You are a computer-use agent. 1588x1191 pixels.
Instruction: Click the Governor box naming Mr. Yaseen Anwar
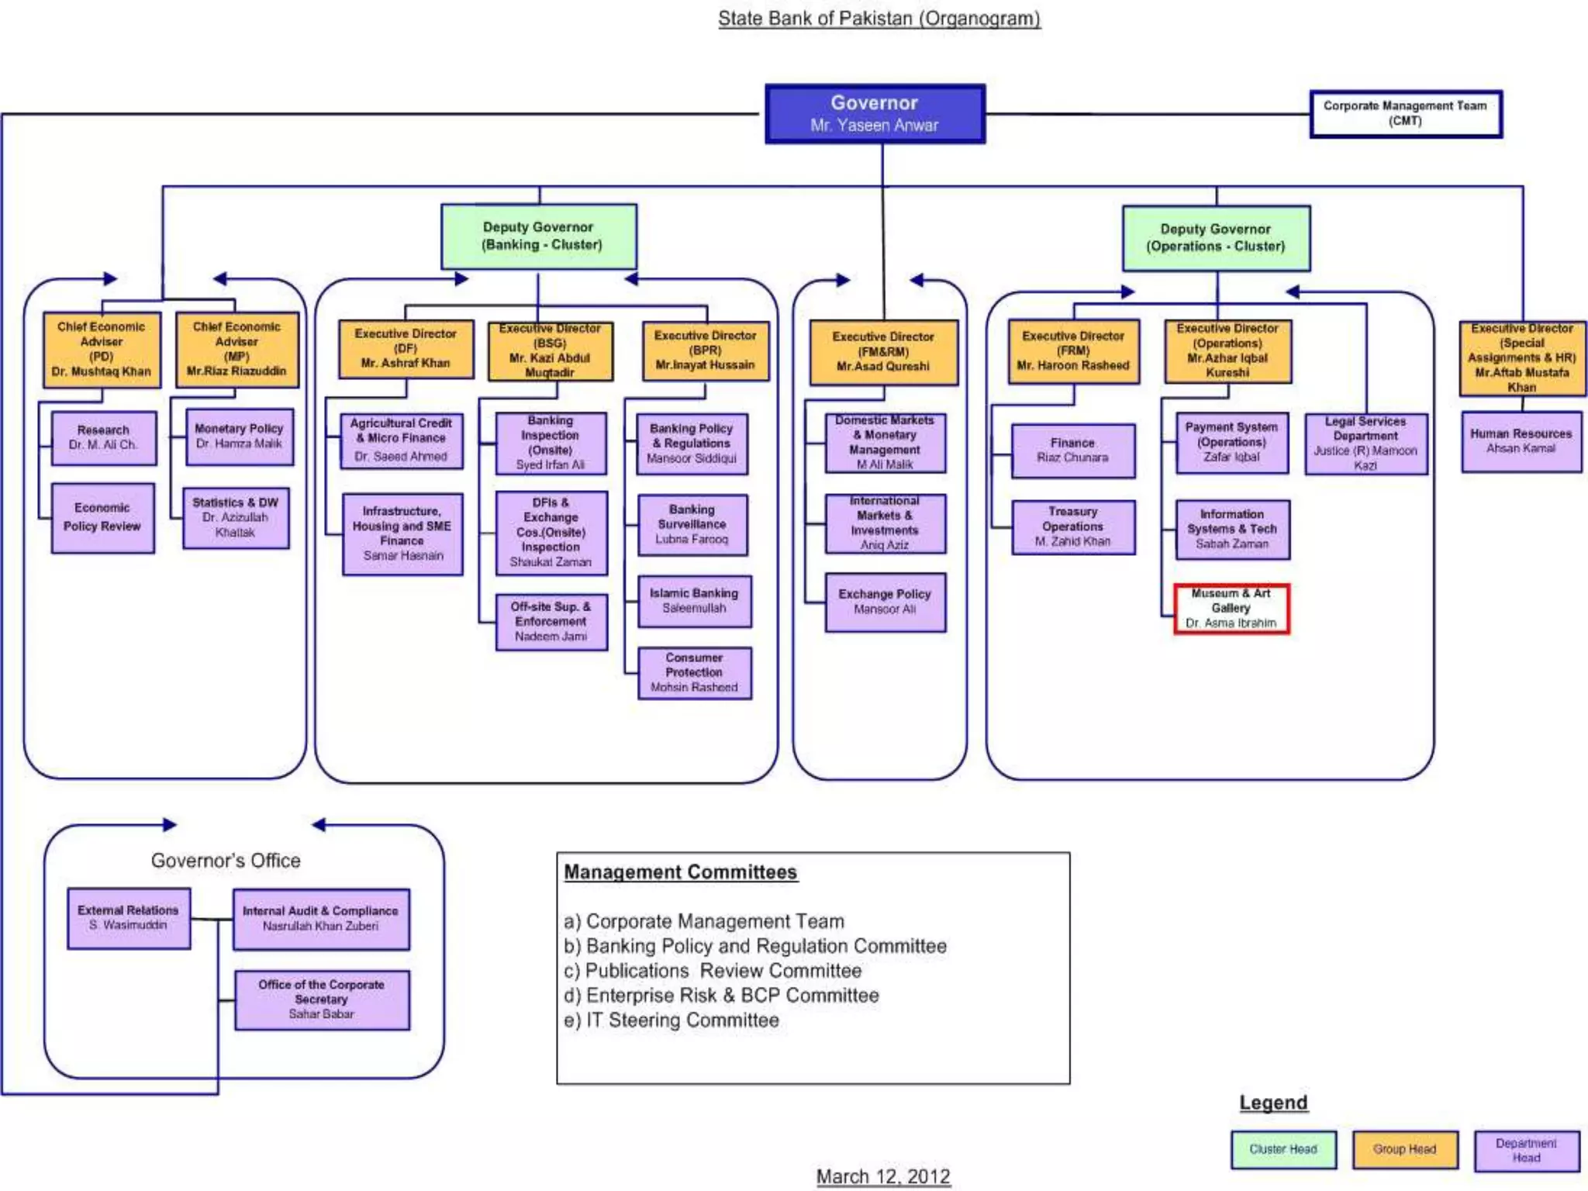click(x=875, y=114)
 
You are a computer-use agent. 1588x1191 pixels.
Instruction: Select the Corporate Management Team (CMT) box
click(x=1405, y=114)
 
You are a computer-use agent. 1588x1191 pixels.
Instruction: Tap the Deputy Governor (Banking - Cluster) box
click(x=539, y=236)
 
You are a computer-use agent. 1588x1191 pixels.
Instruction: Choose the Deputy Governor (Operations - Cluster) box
click(x=1216, y=238)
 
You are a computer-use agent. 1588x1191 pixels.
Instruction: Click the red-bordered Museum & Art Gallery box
click(x=1231, y=609)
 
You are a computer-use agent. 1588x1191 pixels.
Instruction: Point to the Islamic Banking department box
click(x=695, y=601)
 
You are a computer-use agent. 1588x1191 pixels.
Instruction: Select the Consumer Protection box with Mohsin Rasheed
click(x=695, y=673)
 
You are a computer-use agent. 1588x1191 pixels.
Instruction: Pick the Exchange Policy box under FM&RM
click(x=885, y=602)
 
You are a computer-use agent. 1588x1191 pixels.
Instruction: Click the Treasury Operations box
click(x=1073, y=527)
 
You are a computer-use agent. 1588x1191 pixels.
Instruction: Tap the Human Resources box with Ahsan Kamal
click(x=1521, y=441)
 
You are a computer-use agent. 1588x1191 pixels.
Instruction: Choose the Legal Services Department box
click(x=1365, y=444)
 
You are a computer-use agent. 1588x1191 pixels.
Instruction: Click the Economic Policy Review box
click(x=102, y=518)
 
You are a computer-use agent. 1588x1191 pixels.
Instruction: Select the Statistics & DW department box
click(x=236, y=518)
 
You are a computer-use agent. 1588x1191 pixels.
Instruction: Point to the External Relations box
click(x=129, y=918)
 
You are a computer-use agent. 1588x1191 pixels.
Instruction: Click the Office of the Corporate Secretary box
click(x=322, y=999)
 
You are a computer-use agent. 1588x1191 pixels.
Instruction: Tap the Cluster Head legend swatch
click(x=1283, y=1149)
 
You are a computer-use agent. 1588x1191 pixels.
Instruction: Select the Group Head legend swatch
click(x=1404, y=1149)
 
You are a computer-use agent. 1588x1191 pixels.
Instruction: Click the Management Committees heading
click(x=680, y=872)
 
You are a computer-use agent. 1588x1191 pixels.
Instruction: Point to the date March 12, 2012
click(x=883, y=1176)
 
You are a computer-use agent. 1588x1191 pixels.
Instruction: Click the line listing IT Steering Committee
click(x=671, y=1020)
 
